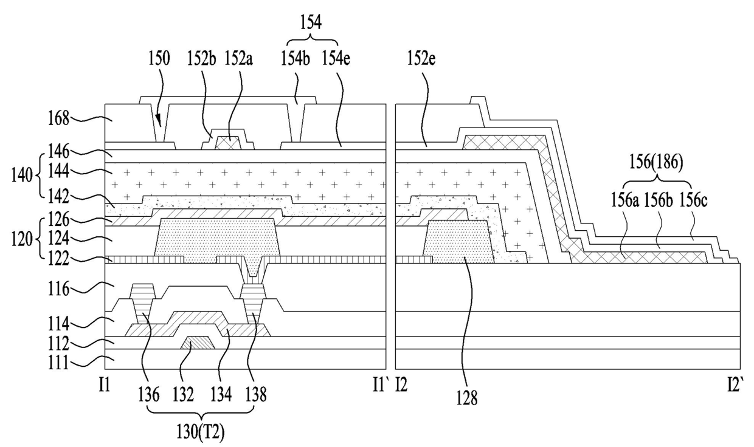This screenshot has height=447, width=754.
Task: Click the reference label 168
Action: [58, 119]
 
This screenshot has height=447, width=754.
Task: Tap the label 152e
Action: [421, 58]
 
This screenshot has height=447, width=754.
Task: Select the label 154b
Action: [296, 58]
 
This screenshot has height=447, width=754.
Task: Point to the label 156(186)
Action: [656, 162]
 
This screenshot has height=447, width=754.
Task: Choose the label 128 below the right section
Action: [467, 398]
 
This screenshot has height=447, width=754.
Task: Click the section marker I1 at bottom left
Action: [105, 385]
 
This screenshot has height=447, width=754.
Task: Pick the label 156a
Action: [625, 201]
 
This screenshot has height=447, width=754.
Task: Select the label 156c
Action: [693, 201]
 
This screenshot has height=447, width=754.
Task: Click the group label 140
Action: [22, 176]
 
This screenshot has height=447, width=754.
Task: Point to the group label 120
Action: [22, 240]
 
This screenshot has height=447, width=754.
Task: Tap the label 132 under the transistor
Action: [183, 395]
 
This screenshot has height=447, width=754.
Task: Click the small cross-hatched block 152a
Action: [229, 143]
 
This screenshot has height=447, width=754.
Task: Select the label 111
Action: [58, 363]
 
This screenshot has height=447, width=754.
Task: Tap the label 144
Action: [58, 171]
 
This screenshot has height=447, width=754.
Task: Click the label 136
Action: [148, 395]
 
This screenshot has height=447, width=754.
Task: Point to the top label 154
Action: [311, 23]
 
